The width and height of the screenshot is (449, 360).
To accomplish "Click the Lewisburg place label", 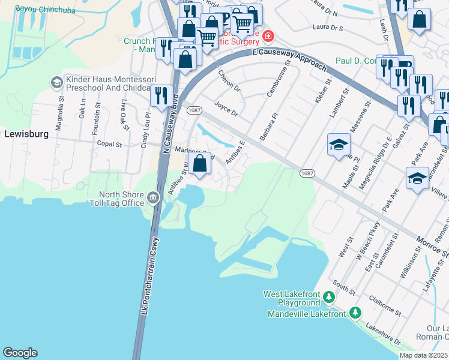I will (26, 134).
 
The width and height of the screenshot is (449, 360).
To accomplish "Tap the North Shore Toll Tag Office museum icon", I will (153, 199).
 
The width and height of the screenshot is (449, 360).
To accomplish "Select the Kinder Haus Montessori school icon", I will (56, 82).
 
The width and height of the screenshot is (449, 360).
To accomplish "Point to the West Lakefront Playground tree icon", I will (328, 297).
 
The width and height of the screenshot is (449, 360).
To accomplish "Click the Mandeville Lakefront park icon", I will (355, 313).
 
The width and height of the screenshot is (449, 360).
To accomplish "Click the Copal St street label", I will (109, 145).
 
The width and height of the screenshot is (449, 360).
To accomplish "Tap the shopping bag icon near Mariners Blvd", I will (200, 163).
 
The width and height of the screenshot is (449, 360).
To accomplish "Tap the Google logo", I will (20, 353).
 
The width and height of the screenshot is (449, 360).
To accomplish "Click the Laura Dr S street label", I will (328, 28).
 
